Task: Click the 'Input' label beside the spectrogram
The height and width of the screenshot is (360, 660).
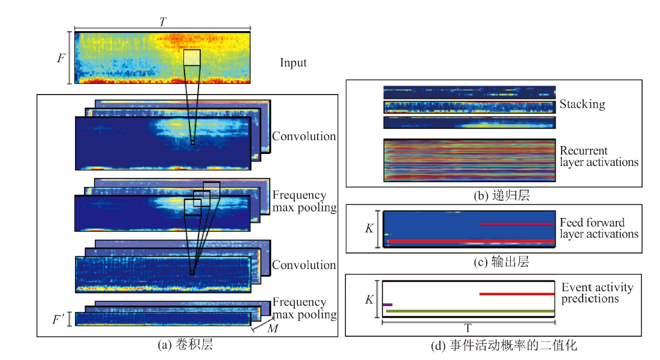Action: (x=293, y=63)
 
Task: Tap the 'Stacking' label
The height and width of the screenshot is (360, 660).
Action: (x=582, y=104)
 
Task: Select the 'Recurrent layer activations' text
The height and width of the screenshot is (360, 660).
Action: (x=599, y=156)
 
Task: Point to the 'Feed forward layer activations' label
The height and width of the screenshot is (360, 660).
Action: (x=599, y=228)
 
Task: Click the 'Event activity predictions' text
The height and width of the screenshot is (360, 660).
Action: (x=597, y=293)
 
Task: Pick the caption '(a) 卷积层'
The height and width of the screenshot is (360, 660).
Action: (x=186, y=344)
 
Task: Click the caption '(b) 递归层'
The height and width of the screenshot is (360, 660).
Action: (x=502, y=195)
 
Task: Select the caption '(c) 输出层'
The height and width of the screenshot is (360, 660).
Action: (x=502, y=262)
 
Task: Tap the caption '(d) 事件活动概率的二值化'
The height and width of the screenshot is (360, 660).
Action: (x=504, y=345)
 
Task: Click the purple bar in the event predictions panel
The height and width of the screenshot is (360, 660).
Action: (x=388, y=304)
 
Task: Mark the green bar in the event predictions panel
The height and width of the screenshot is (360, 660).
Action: (x=470, y=311)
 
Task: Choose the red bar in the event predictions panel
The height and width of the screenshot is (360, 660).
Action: (x=517, y=294)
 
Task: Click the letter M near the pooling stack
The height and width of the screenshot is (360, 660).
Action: (x=273, y=328)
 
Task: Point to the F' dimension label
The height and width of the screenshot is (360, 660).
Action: (x=59, y=320)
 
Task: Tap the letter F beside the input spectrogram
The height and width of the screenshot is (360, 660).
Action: (x=62, y=58)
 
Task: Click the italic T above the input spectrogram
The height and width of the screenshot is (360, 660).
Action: (x=163, y=22)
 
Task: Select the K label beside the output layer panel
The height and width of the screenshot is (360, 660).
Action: (x=369, y=228)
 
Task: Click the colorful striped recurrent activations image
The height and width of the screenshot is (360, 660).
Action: (x=469, y=161)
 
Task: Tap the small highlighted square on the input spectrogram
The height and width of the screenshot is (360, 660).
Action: (x=192, y=58)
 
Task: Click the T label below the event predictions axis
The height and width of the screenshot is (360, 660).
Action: (x=468, y=328)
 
